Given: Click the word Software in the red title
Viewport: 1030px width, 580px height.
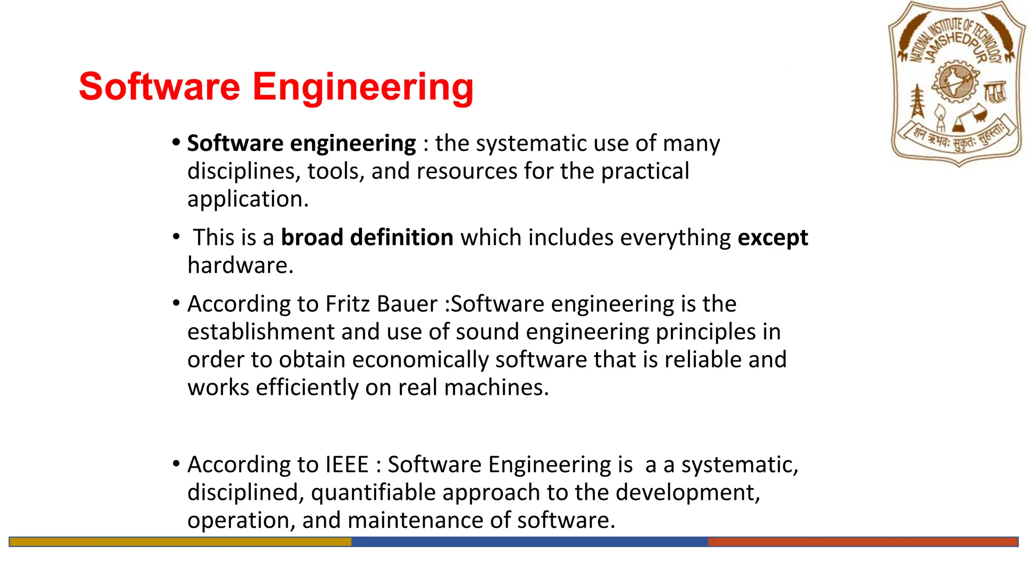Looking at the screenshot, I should point(159,87).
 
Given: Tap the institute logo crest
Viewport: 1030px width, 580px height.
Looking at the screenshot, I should point(957,84).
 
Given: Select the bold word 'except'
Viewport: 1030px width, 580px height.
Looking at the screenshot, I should point(772,238).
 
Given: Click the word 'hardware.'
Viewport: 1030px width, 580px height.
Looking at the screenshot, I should point(240,265).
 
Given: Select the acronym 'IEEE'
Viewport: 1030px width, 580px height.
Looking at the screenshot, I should point(347,464).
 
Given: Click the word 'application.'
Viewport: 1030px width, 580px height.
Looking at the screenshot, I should point(248,199).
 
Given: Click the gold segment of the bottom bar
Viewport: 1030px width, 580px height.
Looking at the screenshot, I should point(180,542).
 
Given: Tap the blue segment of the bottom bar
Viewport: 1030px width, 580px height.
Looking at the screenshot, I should point(529,542).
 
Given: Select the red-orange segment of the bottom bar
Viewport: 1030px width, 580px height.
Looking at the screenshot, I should point(863,542).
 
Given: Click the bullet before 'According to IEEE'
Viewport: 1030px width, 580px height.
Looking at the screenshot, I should point(176,464).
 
